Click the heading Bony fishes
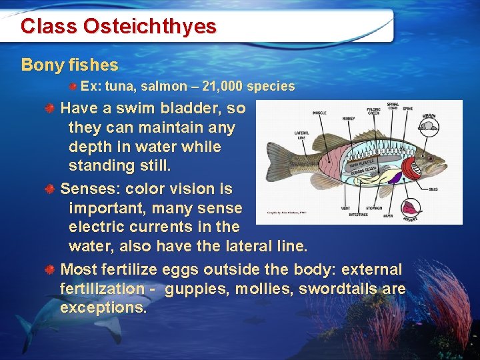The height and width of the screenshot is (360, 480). click(x=70, y=65)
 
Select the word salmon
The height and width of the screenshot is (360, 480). click(x=152, y=86)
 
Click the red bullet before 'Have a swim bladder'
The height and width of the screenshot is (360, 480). click(x=50, y=108)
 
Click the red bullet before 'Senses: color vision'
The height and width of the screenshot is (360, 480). click(x=50, y=189)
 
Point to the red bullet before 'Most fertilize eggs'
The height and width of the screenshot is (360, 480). click(x=50, y=270)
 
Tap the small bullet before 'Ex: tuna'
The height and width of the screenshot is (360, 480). click(x=75, y=87)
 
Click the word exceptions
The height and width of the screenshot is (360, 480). click(x=103, y=307)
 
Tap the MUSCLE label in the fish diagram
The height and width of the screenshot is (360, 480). click(x=319, y=113)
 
